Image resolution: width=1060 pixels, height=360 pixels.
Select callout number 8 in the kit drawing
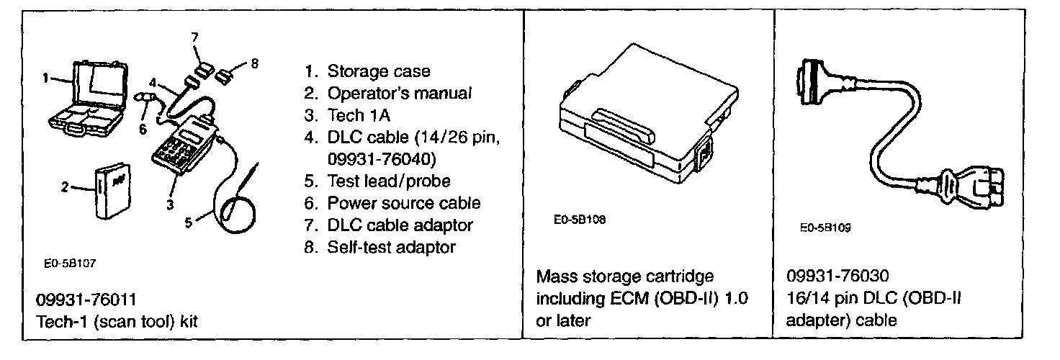click(x=254, y=63)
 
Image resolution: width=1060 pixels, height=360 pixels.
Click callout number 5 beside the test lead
click(x=189, y=222)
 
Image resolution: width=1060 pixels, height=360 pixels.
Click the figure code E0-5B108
click(x=580, y=220)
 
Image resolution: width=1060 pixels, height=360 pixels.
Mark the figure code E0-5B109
click(x=825, y=228)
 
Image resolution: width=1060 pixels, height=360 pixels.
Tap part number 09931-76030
click(x=839, y=277)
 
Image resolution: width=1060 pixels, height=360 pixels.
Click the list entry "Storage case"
click(x=378, y=71)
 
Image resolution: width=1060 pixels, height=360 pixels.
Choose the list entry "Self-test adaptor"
click(x=391, y=247)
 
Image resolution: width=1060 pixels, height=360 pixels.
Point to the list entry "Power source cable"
click(x=403, y=203)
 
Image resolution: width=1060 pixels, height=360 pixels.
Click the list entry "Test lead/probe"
click(x=388, y=181)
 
